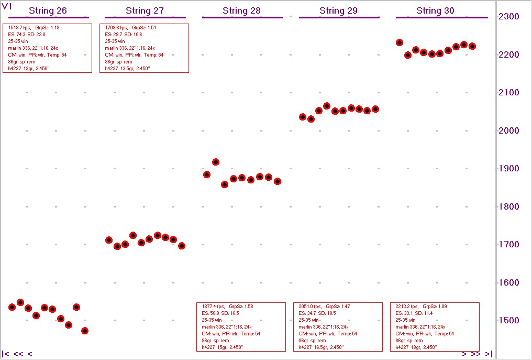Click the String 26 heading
coord(48,10)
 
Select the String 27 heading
coord(145,10)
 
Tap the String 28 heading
coord(241,10)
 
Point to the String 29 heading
coord(339,10)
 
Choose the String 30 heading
coord(436,10)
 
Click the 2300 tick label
coord(508,17)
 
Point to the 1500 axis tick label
coord(508,321)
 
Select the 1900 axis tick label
coord(508,169)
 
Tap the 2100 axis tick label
coord(508,93)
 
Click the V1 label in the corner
coord(8,6)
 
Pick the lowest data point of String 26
coord(85,331)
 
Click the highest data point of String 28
coord(215,162)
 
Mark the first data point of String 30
coord(400,42)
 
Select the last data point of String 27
coord(182,245)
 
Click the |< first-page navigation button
coord(6,354)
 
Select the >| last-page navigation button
coord(488,354)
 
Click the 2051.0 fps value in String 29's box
coord(310,306)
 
